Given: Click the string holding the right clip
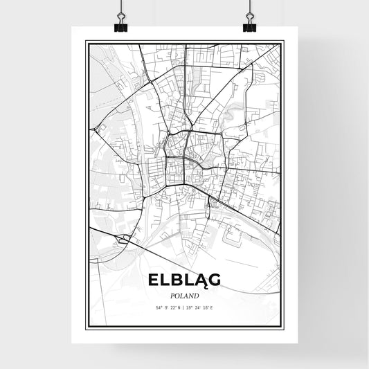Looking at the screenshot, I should click(x=249, y=8).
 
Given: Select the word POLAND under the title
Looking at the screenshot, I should click(x=184, y=294).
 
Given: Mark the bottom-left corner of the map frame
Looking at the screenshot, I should click(x=86, y=329).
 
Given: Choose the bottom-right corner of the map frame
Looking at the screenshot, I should click(x=284, y=329).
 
